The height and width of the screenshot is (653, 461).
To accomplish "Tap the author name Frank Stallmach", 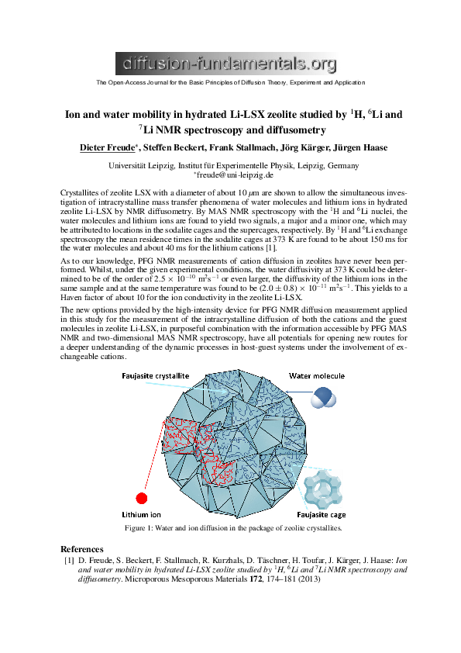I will [x=229, y=147].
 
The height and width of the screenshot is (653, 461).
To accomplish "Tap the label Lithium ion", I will [x=142, y=514].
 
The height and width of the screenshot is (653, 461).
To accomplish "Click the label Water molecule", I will [x=318, y=376].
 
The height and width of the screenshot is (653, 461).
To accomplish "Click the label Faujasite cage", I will [x=320, y=514].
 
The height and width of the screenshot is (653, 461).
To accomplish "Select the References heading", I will [x=81, y=548].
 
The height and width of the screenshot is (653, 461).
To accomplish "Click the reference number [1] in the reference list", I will [x=69, y=560].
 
